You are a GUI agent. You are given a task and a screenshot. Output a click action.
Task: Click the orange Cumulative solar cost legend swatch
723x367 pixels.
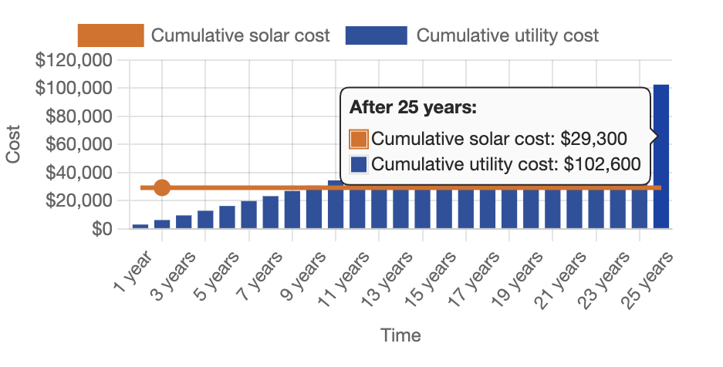[111, 35]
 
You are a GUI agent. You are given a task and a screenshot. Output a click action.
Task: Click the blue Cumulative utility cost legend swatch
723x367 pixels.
[376, 35]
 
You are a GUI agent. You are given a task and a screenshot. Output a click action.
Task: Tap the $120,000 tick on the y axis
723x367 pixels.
[74, 60]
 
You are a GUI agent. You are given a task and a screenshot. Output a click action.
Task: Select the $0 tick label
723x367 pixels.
[102, 229]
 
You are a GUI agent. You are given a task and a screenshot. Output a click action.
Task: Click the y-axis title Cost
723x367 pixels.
[13, 145]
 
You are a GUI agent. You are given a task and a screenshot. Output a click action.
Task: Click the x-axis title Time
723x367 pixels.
[400, 335]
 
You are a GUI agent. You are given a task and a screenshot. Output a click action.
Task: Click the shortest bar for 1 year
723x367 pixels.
[140, 226]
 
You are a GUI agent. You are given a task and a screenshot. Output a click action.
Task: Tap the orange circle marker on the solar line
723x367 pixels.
[162, 187]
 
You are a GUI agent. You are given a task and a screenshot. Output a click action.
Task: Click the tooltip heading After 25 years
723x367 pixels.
[414, 108]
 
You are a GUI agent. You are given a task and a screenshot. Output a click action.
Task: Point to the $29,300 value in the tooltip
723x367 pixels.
[593, 139]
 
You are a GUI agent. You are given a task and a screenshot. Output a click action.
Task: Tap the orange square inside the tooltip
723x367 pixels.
[359, 139]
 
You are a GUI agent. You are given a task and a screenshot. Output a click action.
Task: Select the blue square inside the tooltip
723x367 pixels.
[359, 164]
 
